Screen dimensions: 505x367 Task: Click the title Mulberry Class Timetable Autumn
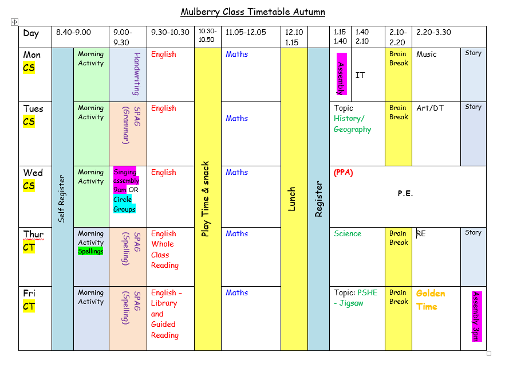tap(253, 12)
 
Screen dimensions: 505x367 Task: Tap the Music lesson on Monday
tap(427, 54)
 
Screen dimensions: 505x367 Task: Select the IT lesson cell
tap(360, 75)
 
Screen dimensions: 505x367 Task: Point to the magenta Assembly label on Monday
tap(341, 74)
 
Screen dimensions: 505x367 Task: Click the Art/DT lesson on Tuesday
tap(430, 108)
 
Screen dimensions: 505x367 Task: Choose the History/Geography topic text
tap(352, 124)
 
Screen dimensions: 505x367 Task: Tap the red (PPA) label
tap(344, 173)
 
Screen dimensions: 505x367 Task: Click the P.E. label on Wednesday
tap(405, 193)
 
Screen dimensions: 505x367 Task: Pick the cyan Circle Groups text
tap(124, 204)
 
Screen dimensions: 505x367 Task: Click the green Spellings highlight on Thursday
tap(90, 251)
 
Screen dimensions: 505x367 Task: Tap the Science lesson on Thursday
tap(348, 233)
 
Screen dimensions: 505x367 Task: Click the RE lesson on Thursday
tap(421, 233)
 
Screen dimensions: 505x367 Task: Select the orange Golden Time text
tap(431, 300)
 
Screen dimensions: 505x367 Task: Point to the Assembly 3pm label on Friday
tap(476, 317)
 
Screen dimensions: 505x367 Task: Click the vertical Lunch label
tap(291, 199)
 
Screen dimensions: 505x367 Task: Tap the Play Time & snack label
tap(205, 199)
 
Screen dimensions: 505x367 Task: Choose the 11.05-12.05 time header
tap(246, 32)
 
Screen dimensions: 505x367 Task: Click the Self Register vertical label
tap(61, 199)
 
